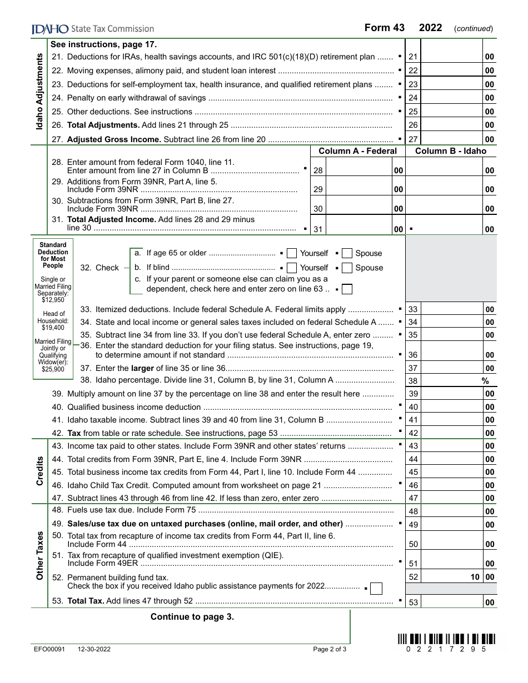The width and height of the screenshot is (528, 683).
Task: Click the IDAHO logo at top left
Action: [x=50, y=29]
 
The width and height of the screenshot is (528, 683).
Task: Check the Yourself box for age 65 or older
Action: [x=292, y=254]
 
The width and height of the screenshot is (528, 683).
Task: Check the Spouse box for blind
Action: [x=347, y=268]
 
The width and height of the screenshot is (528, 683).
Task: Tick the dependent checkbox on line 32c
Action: [x=347, y=289]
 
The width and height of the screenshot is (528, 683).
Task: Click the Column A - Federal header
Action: [x=357, y=151]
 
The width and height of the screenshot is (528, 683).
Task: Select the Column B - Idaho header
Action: [x=451, y=151]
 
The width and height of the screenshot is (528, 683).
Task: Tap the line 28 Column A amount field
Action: [x=358, y=170]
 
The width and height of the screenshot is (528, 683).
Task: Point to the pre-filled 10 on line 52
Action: [x=475, y=577]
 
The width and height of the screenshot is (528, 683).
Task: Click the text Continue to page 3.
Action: [x=192, y=617]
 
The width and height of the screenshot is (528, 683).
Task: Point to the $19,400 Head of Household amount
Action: [x=53, y=328]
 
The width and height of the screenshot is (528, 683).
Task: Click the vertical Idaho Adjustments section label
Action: [x=40, y=92]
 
